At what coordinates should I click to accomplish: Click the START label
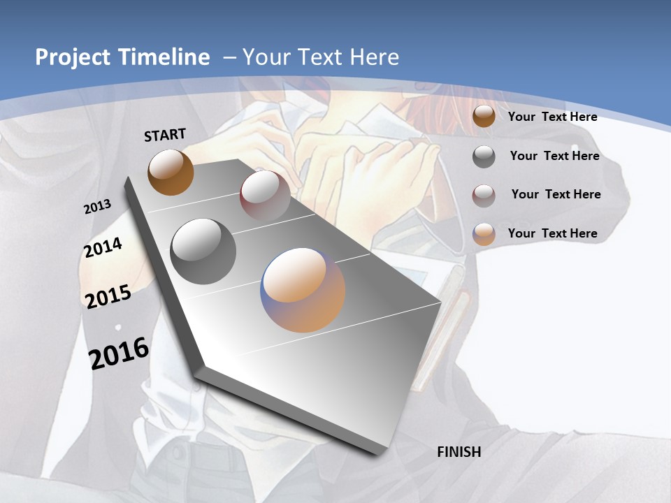(165, 135)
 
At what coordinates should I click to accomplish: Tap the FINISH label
(459, 452)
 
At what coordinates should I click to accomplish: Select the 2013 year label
(97, 207)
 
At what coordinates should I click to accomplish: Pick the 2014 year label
(103, 247)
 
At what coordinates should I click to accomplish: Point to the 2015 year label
(108, 296)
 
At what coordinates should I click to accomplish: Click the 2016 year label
(119, 353)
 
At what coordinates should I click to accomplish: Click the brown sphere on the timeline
(171, 172)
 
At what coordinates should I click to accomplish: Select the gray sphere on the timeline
(203, 251)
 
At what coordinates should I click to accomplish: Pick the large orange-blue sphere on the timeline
(303, 289)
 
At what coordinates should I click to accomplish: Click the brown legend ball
(484, 116)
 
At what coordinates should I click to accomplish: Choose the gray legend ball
(484, 156)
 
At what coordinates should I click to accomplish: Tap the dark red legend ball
(484, 196)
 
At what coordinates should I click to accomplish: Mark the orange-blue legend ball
(484, 234)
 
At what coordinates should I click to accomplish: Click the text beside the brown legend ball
(552, 117)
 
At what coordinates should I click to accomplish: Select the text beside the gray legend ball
(554, 156)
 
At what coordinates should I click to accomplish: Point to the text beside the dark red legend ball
(556, 194)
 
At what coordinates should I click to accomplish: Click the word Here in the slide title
(375, 57)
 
